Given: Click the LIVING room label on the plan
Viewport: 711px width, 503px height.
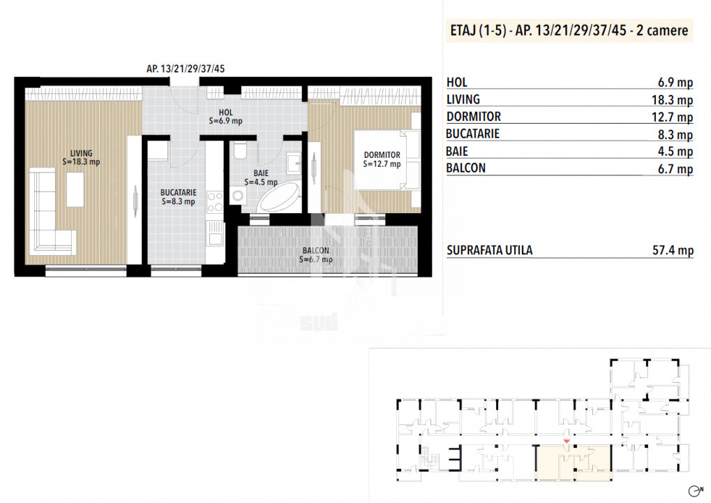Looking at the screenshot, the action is pyautogui.click(x=81, y=157).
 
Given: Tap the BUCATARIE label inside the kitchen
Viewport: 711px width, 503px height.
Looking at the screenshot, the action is pyautogui.click(x=178, y=197).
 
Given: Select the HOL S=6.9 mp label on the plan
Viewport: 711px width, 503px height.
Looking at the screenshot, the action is pyautogui.click(x=225, y=117).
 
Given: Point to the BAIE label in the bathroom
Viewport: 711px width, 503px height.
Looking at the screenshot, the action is pyautogui.click(x=261, y=177).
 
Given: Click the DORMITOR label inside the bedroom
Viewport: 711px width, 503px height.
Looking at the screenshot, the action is pyautogui.click(x=382, y=159).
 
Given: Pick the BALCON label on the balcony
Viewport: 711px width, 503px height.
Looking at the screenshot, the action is pyautogui.click(x=315, y=255).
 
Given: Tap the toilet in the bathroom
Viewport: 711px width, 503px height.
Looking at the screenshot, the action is pyautogui.click(x=240, y=150).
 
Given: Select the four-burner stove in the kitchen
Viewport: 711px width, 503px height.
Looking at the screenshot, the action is pyautogui.click(x=215, y=202).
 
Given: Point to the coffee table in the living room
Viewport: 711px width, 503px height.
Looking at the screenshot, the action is pyautogui.click(x=75, y=190).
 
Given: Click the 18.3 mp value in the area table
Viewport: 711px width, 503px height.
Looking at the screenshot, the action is pyautogui.click(x=672, y=100).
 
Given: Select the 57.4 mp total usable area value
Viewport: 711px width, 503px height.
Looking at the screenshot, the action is pyautogui.click(x=673, y=250).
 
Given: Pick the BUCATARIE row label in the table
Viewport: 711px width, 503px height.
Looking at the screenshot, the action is pyautogui.click(x=472, y=134).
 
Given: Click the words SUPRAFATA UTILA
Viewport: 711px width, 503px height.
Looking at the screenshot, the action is pyautogui.click(x=489, y=250).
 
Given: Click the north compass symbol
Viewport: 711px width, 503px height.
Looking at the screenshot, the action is pyautogui.click(x=695, y=490).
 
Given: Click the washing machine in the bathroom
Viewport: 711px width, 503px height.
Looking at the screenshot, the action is pyautogui.click(x=237, y=196).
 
